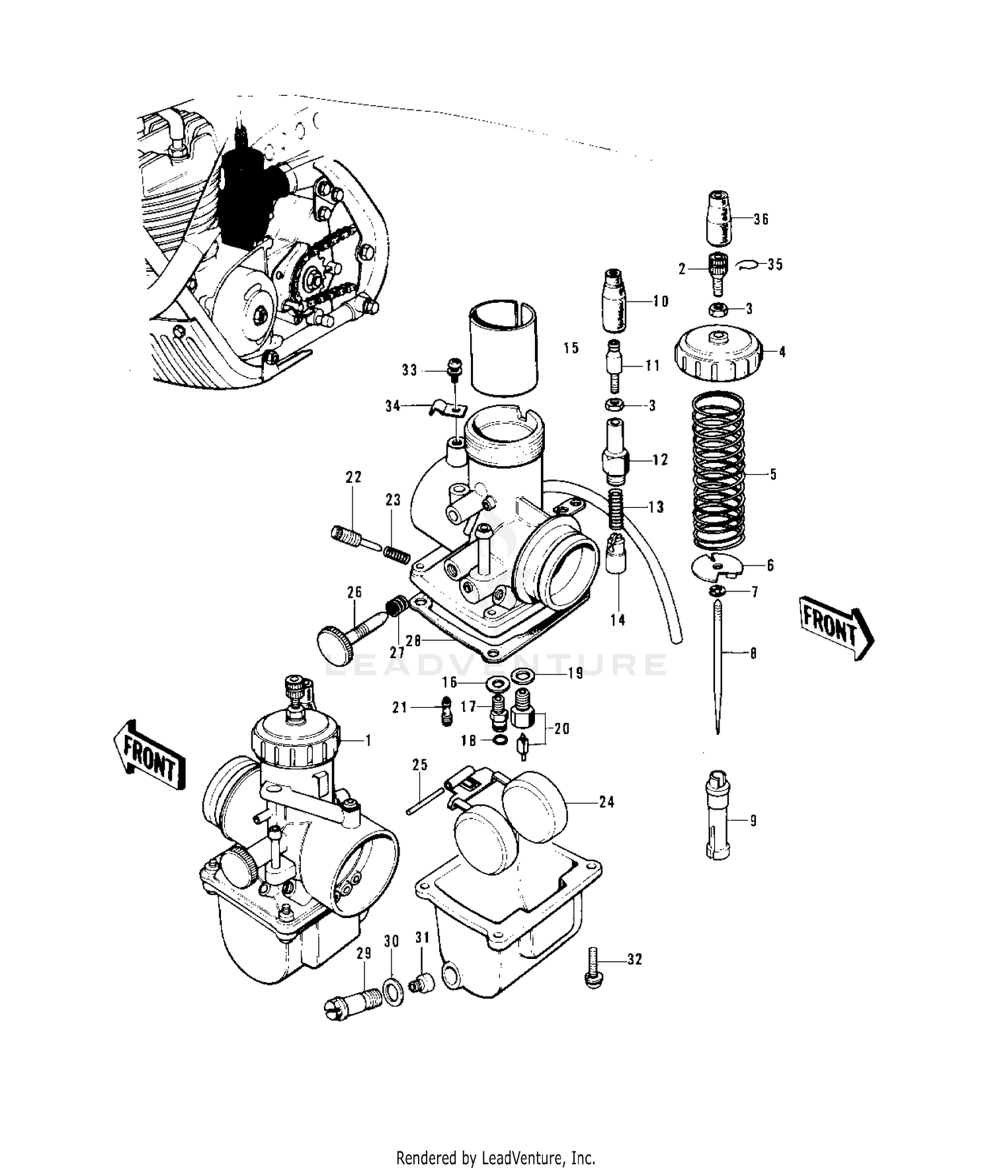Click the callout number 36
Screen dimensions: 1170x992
pos(761,219)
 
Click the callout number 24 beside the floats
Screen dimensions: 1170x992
pos(606,802)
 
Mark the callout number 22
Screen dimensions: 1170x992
pos(354,478)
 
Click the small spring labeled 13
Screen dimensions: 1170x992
pos(616,508)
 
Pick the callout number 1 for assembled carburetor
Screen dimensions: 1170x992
pos(368,740)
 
